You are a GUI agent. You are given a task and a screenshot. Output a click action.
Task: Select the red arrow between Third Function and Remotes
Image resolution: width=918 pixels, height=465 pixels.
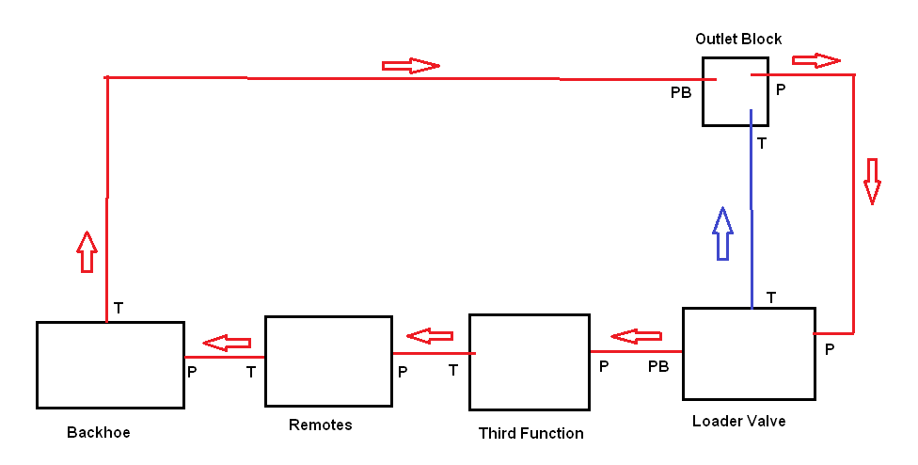(430, 336)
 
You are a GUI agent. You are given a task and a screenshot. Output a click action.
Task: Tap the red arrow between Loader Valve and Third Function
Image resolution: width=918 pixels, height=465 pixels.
(637, 336)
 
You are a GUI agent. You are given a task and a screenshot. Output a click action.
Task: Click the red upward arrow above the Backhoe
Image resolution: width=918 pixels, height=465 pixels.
(87, 251)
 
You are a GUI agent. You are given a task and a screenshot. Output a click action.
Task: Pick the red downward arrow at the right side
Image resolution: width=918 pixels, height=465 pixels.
(872, 181)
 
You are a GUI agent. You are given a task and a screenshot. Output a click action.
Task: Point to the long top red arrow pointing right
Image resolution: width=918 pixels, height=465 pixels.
(410, 66)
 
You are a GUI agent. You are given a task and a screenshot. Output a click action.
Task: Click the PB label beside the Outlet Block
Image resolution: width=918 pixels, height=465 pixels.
(681, 92)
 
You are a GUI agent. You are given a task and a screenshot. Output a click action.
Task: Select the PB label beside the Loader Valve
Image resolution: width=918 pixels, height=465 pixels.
(658, 366)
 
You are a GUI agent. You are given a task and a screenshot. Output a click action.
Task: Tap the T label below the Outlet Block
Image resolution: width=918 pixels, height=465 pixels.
(762, 144)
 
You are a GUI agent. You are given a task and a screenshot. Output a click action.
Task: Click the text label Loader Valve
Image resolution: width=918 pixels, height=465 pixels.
(738, 422)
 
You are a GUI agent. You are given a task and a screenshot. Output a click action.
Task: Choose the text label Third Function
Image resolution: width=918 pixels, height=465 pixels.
(530, 434)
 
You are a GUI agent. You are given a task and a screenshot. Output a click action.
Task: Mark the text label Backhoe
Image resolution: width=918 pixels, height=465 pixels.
(99, 433)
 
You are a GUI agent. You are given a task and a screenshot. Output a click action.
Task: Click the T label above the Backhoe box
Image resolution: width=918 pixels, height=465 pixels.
(119, 307)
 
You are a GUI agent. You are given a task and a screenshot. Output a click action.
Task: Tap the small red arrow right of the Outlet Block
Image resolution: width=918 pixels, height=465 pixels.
(815, 61)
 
